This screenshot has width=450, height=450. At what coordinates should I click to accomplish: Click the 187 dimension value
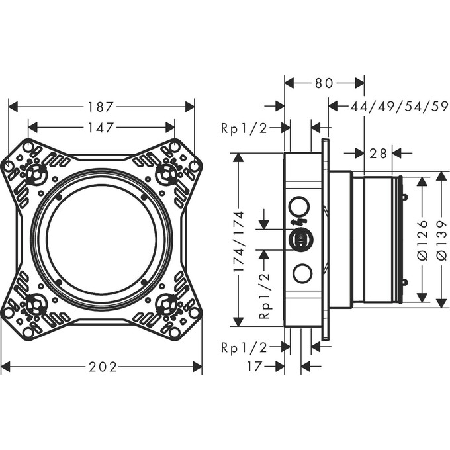click(101, 107)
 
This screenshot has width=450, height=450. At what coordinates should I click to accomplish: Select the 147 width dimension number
click(101, 128)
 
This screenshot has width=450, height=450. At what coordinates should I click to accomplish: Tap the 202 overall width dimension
click(101, 367)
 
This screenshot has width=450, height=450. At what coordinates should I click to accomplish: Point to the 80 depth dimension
click(324, 83)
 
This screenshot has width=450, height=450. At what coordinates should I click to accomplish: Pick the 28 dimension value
click(378, 153)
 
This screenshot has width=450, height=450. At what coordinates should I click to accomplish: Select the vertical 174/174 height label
click(239, 242)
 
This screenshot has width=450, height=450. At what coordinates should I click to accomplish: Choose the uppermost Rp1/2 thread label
click(244, 128)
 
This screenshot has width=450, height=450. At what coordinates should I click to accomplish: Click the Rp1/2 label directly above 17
click(244, 346)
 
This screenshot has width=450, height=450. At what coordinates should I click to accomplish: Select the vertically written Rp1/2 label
click(264, 296)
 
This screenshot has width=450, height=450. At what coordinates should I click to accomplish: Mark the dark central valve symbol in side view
click(300, 240)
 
